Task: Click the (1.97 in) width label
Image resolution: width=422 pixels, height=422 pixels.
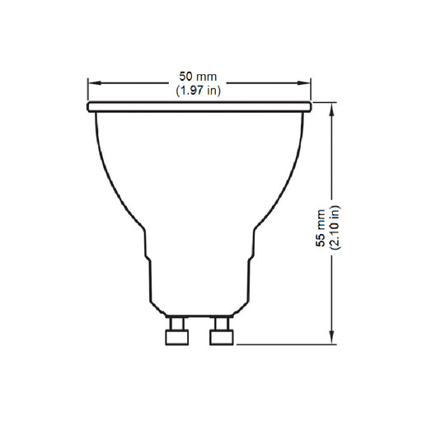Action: tap(199, 91)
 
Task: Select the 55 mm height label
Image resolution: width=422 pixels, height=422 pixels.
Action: tap(321, 223)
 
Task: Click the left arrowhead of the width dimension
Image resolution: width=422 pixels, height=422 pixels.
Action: tap(92, 83)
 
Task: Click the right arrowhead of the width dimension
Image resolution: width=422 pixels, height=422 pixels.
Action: tap(306, 83)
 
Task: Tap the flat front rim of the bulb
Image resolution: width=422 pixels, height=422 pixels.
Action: tap(199, 107)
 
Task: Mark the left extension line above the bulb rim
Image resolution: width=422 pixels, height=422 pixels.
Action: tap(88, 89)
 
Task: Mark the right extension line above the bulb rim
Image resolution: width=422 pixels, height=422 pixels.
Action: tap(310, 89)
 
